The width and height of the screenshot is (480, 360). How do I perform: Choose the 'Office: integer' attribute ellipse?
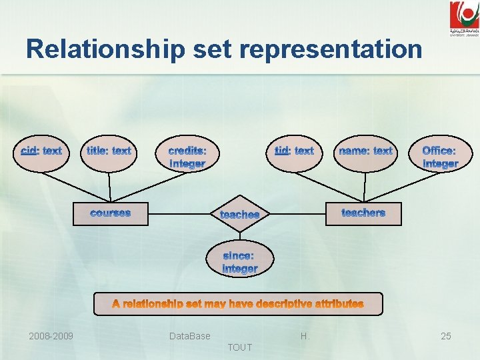[440, 157]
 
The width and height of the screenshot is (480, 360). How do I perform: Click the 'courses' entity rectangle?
[111, 213]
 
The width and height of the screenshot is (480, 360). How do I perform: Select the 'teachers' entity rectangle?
[363, 213]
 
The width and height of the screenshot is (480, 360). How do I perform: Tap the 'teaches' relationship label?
[239, 215]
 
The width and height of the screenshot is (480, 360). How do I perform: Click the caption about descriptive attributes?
[238, 304]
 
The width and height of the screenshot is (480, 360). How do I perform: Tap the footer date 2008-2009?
[51, 336]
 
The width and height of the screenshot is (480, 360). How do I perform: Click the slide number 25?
[445, 336]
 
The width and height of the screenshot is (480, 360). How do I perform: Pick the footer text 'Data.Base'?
[190, 336]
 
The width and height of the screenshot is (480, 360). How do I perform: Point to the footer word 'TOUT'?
[240, 347]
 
